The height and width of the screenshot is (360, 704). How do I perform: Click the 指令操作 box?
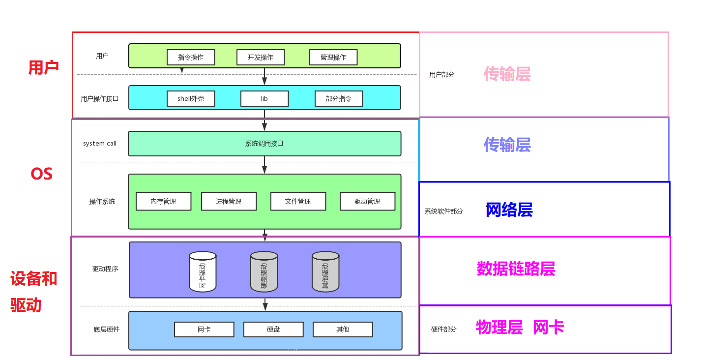(x=191, y=57)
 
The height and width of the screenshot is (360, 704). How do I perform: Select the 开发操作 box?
(x=261, y=57)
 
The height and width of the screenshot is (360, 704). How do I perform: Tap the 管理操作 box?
(x=333, y=57)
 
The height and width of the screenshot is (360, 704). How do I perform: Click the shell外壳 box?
(x=191, y=99)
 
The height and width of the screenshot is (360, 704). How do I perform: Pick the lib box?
(x=264, y=99)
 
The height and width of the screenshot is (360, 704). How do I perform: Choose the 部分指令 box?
(x=339, y=99)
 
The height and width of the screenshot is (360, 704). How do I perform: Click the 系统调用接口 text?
(x=264, y=144)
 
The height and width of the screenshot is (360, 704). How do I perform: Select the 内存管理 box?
(x=163, y=201)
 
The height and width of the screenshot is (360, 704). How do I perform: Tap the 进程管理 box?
(x=229, y=201)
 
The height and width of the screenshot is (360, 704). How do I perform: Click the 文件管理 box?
(x=298, y=201)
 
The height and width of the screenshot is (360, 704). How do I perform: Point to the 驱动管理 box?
(x=367, y=201)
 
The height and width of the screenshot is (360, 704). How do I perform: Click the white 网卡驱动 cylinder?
(x=203, y=271)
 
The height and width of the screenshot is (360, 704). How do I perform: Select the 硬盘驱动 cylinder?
(x=264, y=271)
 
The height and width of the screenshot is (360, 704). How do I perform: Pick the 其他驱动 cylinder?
(x=325, y=271)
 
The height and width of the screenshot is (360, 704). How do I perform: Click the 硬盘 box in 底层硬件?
(x=273, y=329)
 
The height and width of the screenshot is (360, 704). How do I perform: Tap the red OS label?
(x=41, y=174)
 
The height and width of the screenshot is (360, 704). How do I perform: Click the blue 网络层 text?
(x=509, y=210)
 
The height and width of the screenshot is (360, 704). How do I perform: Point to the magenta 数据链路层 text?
(x=516, y=269)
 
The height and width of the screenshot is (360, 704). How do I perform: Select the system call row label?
(x=100, y=144)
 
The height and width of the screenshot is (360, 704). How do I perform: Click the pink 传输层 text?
(x=507, y=74)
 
